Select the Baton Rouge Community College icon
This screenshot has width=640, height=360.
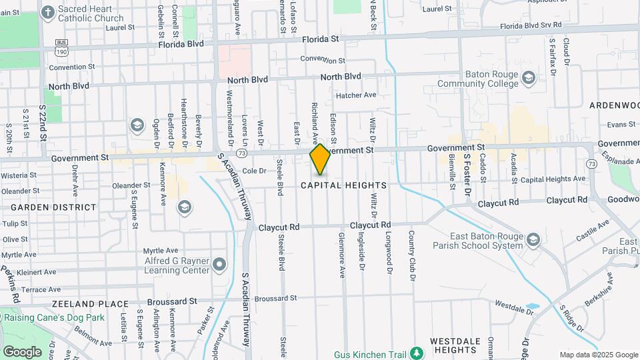click(529, 79)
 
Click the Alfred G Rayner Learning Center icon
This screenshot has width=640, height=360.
click(219, 266)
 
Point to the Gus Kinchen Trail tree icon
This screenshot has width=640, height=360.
click(417, 351)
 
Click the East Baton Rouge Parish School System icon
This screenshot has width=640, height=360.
click(533, 239)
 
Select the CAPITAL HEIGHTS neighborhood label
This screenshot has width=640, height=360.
click(343, 185)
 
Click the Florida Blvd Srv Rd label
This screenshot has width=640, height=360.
click(531, 25)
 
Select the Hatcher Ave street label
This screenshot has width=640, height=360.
click(356, 95)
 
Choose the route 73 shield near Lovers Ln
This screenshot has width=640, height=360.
click(241, 153)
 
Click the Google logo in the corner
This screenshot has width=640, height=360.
click(22, 351)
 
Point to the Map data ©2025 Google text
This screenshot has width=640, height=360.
click(598, 355)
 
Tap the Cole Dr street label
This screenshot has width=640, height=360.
click(254, 171)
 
